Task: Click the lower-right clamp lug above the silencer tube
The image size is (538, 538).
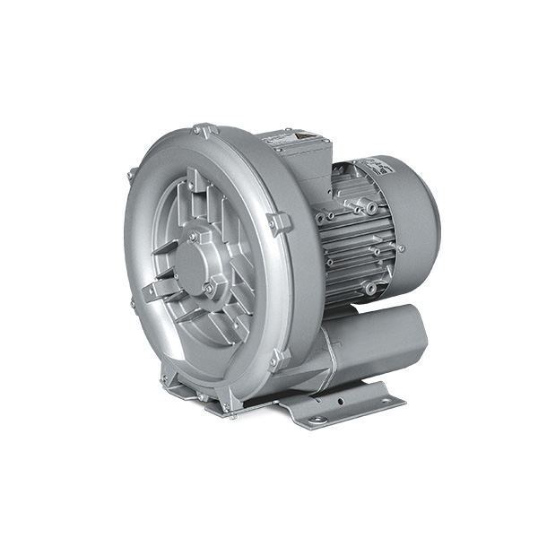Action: coord(280,358)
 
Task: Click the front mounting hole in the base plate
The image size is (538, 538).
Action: coord(316,419)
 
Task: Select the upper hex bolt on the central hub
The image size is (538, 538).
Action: coord(194,236)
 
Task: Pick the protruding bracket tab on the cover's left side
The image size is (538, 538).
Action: coord(151,291)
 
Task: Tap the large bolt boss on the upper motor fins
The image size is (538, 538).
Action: coord(370,209)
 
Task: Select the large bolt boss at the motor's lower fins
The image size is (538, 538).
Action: coord(370,288)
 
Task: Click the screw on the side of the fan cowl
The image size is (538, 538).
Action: coord(400,248)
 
